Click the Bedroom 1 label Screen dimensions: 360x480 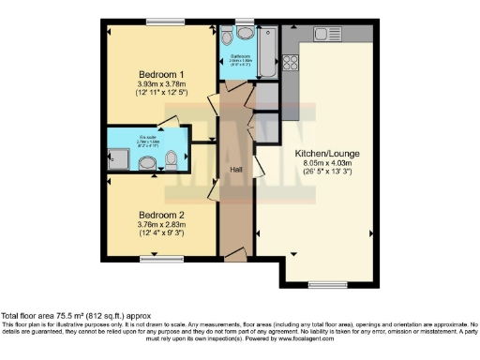coord(161,73)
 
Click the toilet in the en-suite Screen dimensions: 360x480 coord(170,161)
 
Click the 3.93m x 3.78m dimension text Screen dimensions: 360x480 coord(161,84)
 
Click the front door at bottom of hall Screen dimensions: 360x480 coord(236,256)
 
